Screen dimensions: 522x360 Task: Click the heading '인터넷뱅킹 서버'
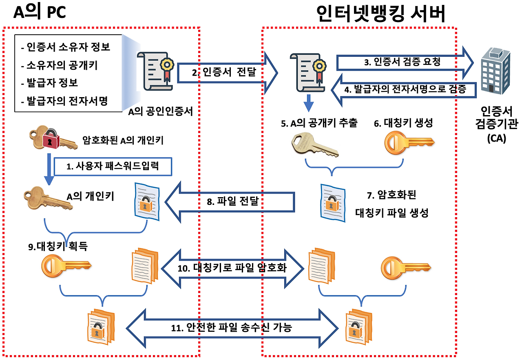381,13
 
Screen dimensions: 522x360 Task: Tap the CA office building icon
495,71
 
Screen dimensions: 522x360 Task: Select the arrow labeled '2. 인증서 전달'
228,73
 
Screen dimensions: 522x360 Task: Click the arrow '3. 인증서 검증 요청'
405,62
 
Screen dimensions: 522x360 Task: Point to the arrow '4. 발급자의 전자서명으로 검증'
404,90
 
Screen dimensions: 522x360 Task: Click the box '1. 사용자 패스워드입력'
113,167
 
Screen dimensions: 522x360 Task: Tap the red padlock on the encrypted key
50,138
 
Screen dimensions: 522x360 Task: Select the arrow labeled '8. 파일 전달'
230,202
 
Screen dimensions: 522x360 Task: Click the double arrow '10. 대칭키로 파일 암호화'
232,269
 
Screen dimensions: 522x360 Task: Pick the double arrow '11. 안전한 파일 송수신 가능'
232,328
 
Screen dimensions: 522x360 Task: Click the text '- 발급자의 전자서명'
64,101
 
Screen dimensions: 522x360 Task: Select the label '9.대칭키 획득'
58,246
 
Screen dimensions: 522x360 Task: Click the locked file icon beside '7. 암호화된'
333,203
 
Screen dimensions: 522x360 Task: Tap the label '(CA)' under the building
497,138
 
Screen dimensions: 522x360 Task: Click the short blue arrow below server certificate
309,103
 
